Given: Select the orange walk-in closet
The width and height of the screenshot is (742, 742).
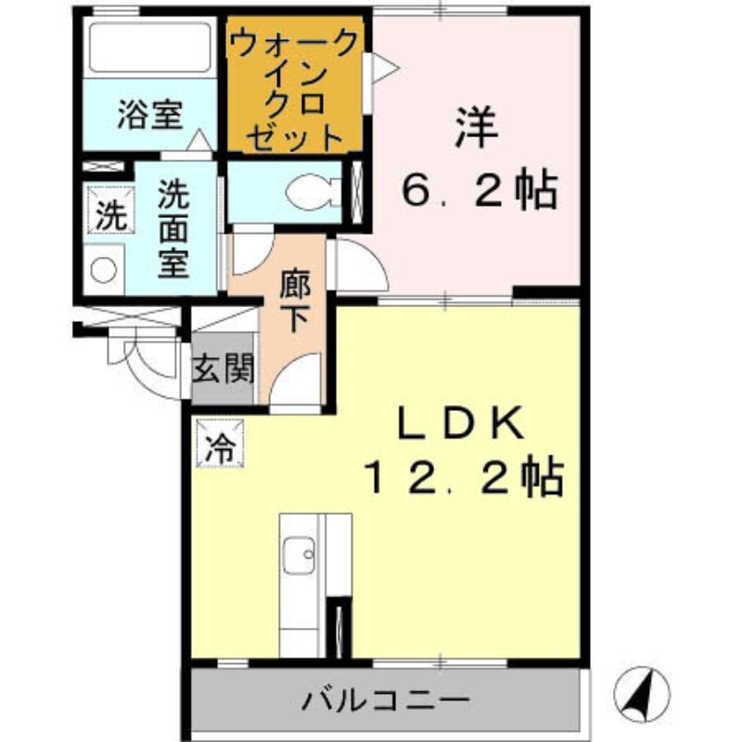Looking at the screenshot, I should click(296, 89).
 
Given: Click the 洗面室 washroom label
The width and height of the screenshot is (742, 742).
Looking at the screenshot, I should click(172, 228).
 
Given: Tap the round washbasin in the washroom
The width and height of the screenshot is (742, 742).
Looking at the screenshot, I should click(104, 270).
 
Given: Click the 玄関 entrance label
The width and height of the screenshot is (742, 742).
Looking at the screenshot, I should click(223, 370).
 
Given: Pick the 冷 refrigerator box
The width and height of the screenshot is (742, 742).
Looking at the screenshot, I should click(220, 444).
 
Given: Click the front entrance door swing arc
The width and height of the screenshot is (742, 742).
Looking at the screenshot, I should click(148, 366).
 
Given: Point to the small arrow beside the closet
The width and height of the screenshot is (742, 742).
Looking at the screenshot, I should click(384, 67).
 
